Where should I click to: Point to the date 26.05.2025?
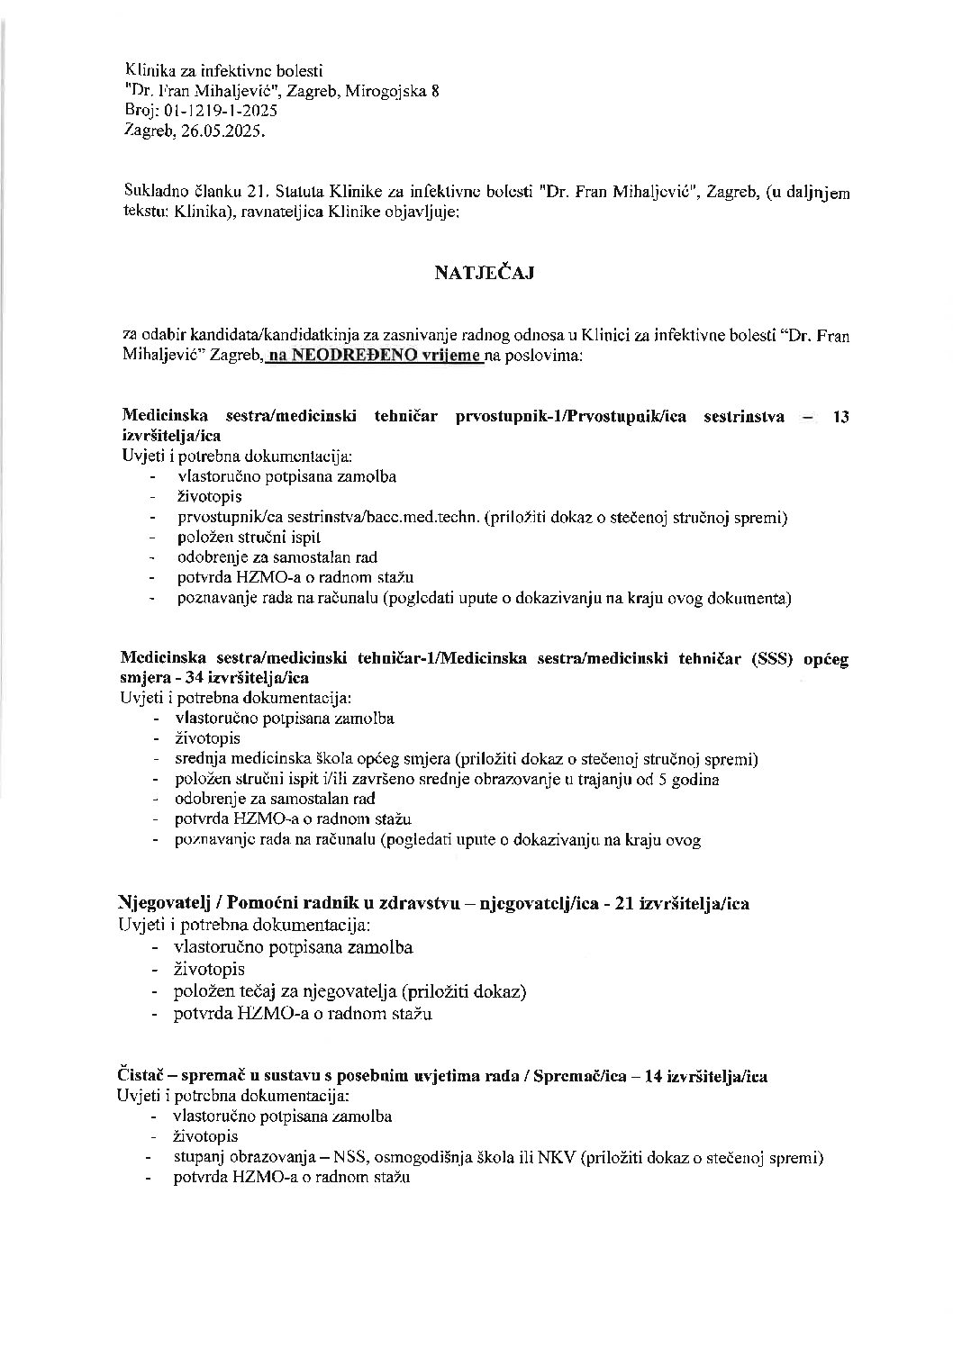point(222,131)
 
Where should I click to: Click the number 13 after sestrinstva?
point(840,416)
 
